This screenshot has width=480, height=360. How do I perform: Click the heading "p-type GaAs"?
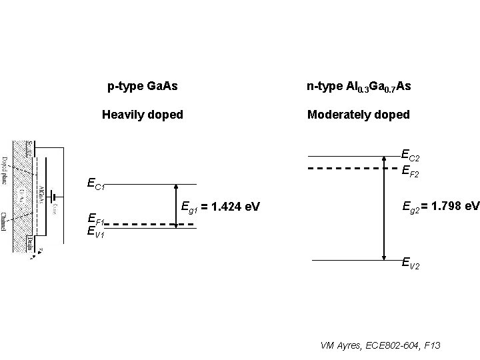[142, 87]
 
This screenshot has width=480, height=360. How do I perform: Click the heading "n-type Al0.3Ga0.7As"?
[359, 87]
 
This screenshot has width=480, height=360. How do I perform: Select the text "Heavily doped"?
[142, 115]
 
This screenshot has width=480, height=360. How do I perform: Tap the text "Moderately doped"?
[358, 115]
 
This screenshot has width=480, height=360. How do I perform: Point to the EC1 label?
[96, 184]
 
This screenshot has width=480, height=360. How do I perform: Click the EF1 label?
[96, 218]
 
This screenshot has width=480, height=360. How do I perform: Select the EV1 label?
[96, 233]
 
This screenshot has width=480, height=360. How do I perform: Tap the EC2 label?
[410, 155]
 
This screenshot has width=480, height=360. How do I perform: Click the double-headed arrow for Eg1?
[176, 207]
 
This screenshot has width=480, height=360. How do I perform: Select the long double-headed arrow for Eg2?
[384, 207]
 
